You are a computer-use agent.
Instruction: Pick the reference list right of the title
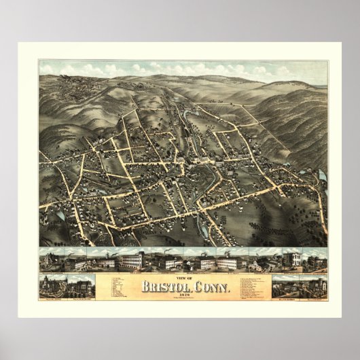click(x=245, y=286)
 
